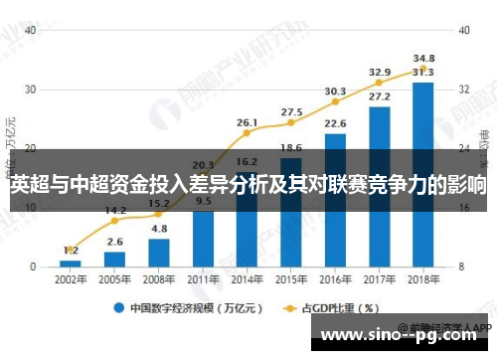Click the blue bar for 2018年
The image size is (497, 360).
click(x=422, y=175)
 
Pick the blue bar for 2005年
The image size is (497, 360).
click(x=114, y=260)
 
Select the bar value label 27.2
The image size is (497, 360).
click(x=379, y=96)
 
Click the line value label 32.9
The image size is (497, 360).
click(x=379, y=72)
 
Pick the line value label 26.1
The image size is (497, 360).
click(x=247, y=122)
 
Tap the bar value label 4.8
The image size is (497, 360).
click(x=158, y=228)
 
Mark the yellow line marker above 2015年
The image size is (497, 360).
click(x=291, y=123)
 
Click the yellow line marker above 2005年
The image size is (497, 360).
click(x=114, y=222)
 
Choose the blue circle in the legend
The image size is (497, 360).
click(x=118, y=307)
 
